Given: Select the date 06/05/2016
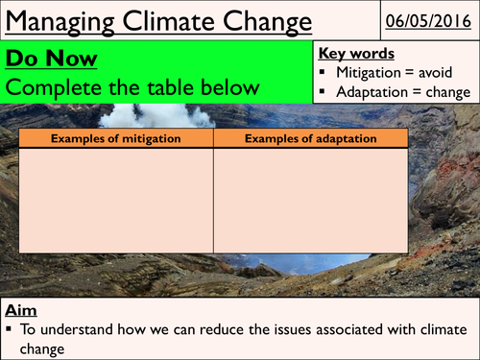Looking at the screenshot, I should [x=427, y=20].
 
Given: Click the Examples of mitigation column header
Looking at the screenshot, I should [x=115, y=139].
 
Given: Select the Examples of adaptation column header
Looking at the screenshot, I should [x=311, y=139].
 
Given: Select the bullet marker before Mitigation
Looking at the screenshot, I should [x=328, y=74].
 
